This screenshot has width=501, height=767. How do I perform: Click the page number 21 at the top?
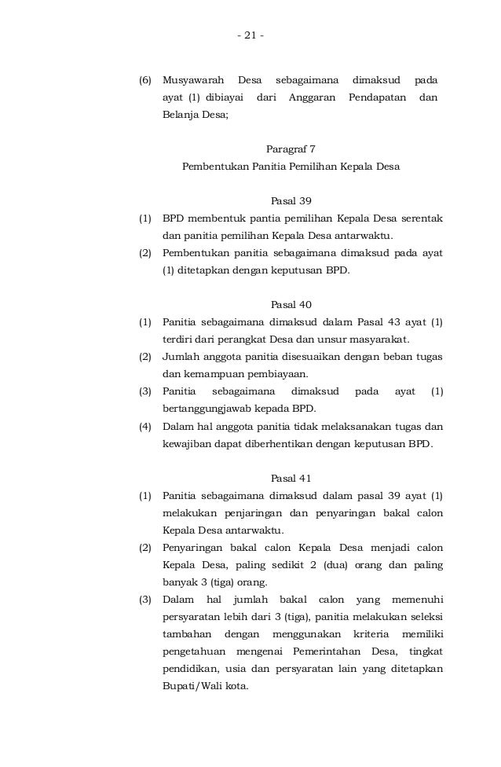coord(251,35)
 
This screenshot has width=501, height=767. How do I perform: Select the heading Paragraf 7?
coord(290,148)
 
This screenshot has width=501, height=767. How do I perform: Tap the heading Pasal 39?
coord(290,200)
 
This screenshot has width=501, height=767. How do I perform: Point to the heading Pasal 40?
coord(290,304)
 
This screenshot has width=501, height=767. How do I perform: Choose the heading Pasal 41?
coord(290,478)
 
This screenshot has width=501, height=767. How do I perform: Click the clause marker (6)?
coord(145,80)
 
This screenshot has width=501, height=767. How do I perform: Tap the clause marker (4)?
coord(145,426)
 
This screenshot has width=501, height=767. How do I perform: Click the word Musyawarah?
coord(193,80)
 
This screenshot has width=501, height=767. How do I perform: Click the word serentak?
coord(419,218)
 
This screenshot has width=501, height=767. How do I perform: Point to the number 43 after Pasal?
coord(394,322)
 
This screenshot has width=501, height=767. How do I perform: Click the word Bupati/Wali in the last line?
coord(192,685)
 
